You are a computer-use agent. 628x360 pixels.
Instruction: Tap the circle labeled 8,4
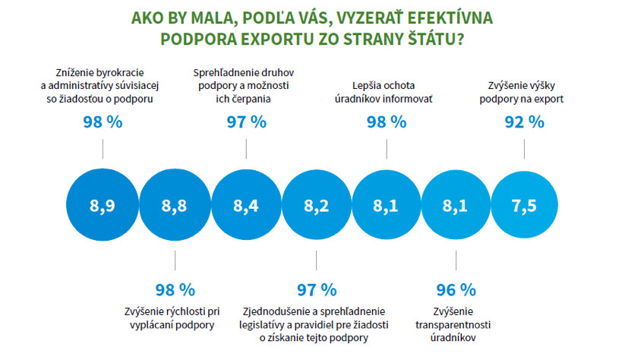tap(245, 206)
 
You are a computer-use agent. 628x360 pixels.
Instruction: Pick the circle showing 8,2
tap(316, 206)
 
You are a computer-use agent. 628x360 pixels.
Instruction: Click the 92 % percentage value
tap(524, 122)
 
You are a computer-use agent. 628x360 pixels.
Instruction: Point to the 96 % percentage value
tap(456, 289)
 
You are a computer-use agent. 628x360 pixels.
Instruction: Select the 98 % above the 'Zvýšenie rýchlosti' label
tap(175, 289)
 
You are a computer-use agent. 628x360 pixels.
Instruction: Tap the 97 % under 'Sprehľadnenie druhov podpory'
tap(246, 122)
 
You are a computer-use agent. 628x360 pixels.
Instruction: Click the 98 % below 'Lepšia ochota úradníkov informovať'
tap(387, 122)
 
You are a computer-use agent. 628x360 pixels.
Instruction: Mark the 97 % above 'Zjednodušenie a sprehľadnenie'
tap(316, 289)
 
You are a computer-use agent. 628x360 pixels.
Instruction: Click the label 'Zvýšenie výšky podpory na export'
tap(524, 92)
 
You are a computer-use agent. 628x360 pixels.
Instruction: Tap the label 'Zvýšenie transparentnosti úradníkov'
tap(456, 324)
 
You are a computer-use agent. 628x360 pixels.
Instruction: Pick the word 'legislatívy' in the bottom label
tap(278, 325)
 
